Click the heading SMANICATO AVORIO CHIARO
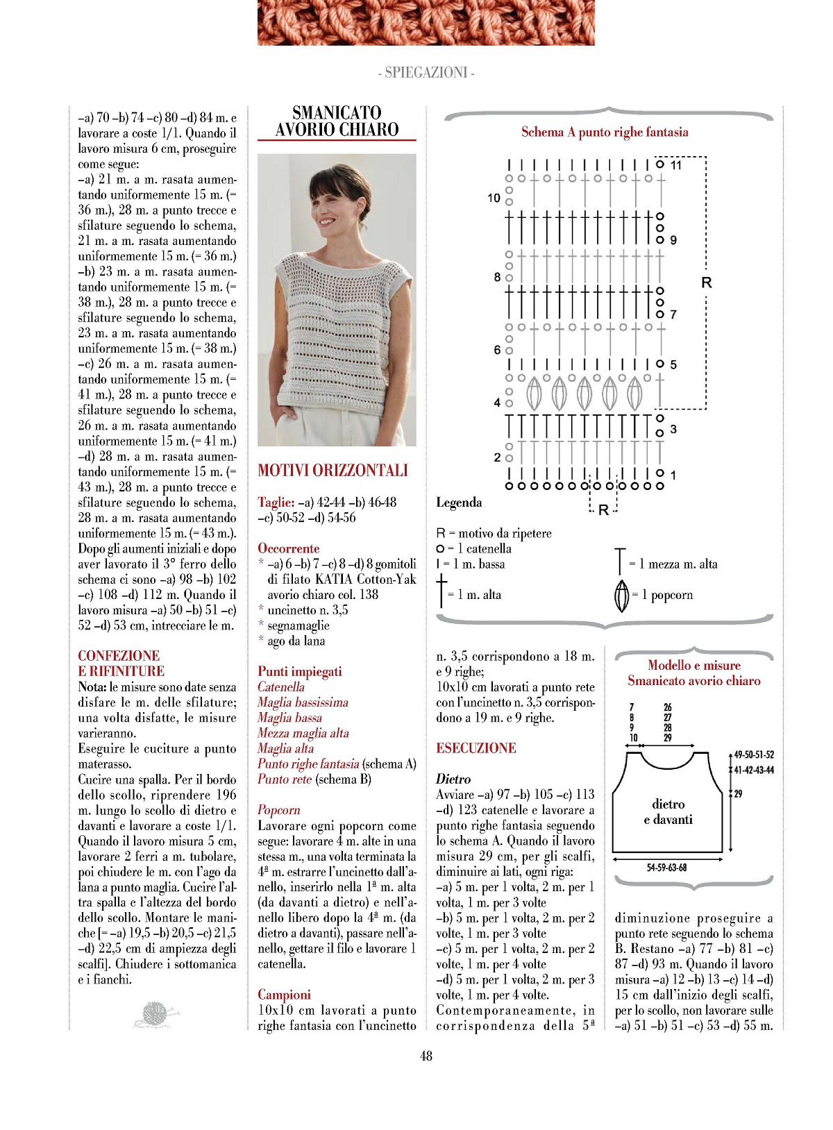tap(337, 121)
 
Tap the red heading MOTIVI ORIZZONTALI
tap(333, 471)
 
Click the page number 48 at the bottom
tap(426, 1056)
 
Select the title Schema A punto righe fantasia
tap(605, 132)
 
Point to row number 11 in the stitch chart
tap(676, 165)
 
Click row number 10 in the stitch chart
tap(494, 198)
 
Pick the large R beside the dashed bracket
tap(707, 282)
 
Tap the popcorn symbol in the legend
tap(622, 596)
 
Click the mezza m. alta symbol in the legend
tap(619, 562)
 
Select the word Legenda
tap(459, 502)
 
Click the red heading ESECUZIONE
tap(476, 748)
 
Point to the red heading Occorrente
tap(289, 548)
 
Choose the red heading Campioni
tap(284, 995)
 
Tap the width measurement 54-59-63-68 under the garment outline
tap(666, 868)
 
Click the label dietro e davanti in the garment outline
tap(668, 812)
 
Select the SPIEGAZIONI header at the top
tap(426, 73)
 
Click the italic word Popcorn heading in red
tap(279, 810)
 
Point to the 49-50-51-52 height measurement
tap(754, 754)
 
